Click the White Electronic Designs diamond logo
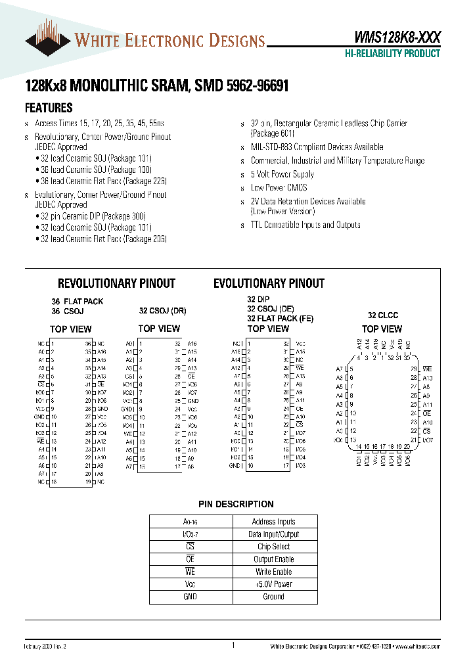[x=48, y=41]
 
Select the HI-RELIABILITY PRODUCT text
[x=393, y=54]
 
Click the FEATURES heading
[x=49, y=108]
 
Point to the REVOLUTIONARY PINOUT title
[x=116, y=283]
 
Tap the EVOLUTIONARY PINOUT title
[x=269, y=283]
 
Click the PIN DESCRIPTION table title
[x=236, y=504]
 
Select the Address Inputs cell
[x=273, y=522]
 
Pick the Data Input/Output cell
[x=273, y=534]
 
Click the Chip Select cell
[x=273, y=547]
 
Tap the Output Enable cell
[x=273, y=559]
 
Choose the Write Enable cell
[x=273, y=572]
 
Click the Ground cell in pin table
[x=273, y=597]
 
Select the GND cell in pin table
[x=191, y=597]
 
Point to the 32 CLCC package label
[x=382, y=315]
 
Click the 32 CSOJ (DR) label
[x=162, y=311]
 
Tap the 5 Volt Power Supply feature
[x=282, y=174]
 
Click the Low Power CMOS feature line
[x=279, y=188]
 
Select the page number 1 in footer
[x=233, y=646]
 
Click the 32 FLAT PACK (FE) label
[x=280, y=318]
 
